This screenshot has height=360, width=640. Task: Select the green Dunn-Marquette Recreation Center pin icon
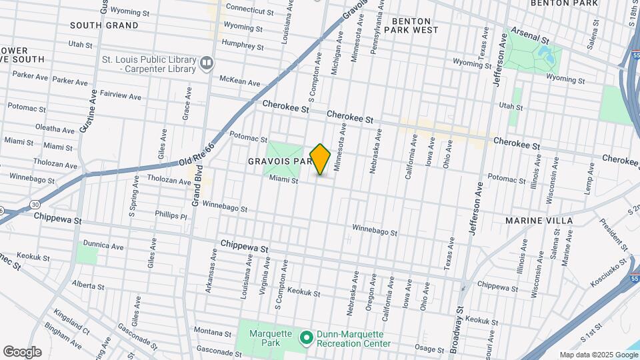pyautogui.click(x=307, y=339)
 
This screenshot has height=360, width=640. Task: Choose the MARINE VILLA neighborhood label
pyautogui.click(x=539, y=220)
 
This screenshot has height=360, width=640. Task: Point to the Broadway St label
pyautogui.click(x=461, y=326)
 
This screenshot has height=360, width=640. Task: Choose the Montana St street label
pyautogui.click(x=213, y=331)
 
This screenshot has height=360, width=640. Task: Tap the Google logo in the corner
pyautogui.click(x=22, y=351)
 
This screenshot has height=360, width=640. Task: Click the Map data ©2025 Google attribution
pyautogui.click(x=597, y=355)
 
